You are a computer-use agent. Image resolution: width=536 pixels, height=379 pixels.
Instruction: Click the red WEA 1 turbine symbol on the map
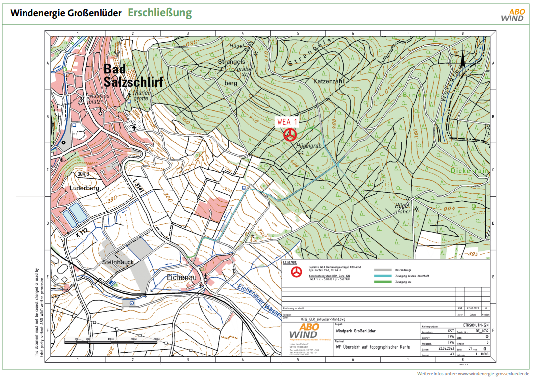[291, 134]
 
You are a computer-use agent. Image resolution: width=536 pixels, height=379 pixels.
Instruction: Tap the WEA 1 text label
[287, 122]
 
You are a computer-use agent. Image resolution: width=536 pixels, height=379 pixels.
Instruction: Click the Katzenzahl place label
[330, 80]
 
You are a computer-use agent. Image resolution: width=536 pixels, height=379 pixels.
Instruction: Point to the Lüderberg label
[84, 188]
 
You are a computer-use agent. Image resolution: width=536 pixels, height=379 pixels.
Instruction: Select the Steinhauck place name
[118, 262]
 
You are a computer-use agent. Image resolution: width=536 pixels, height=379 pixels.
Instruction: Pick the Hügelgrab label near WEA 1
[308, 146]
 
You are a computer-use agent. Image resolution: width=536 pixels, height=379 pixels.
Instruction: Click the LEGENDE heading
[290, 262]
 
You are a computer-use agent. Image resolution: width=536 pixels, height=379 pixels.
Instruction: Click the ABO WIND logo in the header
[512, 15]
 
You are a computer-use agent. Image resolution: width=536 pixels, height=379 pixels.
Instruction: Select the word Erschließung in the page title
[160, 13]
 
